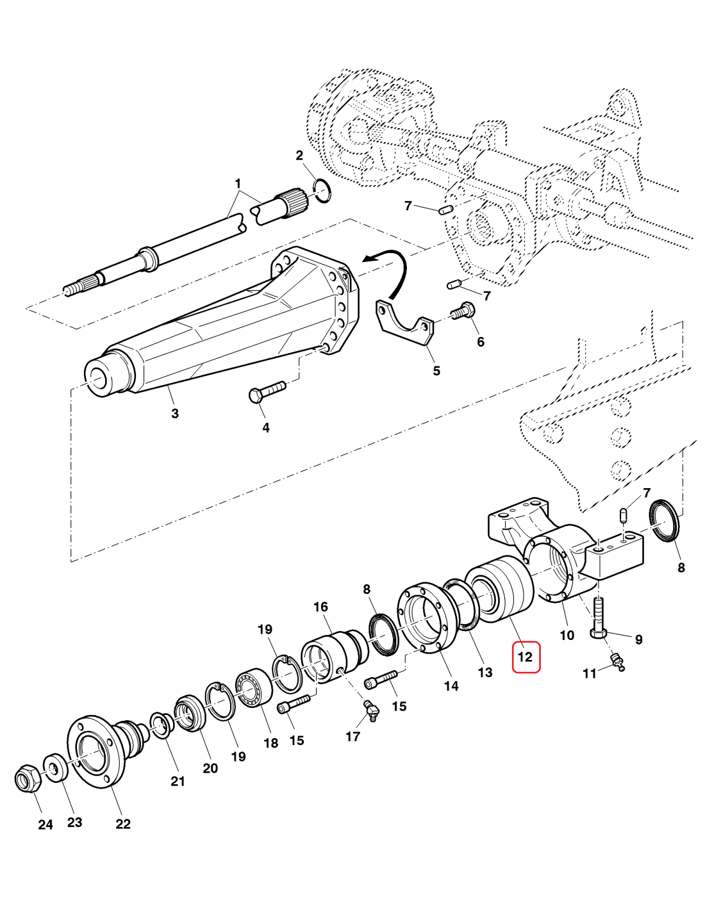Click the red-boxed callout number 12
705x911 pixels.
click(526, 657)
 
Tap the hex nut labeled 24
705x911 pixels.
click(27, 779)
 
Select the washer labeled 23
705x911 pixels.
click(54, 767)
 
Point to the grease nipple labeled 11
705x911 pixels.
click(616, 662)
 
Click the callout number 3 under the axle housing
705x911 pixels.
click(175, 413)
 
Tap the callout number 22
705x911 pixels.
click(123, 824)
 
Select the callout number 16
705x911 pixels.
click(320, 607)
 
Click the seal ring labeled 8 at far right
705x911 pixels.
click(664, 521)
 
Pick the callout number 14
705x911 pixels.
click(451, 686)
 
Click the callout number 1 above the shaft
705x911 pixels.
click(238, 184)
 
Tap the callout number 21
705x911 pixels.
click(178, 781)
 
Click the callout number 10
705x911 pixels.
click(567, 635)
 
